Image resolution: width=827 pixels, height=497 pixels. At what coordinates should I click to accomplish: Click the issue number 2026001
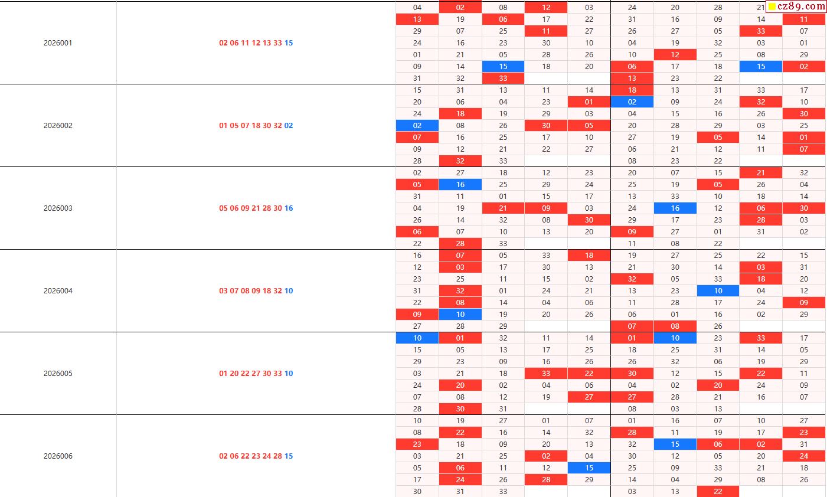(58, 43)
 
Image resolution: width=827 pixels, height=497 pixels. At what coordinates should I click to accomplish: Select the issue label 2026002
(58, 126)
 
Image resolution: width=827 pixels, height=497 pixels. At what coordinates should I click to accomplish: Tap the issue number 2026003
(58, 208)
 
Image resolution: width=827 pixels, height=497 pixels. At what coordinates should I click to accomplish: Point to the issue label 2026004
(58, 291)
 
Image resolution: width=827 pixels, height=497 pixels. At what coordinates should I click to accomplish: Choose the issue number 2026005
(58, 374)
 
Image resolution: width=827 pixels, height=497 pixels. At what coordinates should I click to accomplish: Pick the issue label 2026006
(58, 456)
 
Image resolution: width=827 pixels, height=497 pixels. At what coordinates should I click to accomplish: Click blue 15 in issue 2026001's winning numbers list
(289, 43)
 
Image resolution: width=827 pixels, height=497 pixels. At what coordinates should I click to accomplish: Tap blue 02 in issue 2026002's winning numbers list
(289, 126)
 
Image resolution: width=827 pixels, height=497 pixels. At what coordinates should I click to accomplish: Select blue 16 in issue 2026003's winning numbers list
(289, 208)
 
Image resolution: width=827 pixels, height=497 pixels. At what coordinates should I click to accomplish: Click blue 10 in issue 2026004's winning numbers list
(289, 291)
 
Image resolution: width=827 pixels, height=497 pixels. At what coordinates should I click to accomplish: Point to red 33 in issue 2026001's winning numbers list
(277, 43)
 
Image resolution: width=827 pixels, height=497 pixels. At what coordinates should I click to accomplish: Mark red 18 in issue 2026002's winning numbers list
(256, 126)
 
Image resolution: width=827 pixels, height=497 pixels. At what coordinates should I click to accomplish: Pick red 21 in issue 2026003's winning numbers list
(256, 208)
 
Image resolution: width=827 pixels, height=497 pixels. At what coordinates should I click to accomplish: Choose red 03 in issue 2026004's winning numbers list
(223, 291)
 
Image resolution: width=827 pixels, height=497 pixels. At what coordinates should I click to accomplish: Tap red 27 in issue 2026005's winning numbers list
(256, 374)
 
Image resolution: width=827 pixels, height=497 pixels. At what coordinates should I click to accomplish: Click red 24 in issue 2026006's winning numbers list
(267, 456)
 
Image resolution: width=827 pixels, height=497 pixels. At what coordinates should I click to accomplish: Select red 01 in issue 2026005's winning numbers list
(223, 374)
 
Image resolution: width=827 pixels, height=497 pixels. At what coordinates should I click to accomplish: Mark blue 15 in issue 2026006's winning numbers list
(289, 456)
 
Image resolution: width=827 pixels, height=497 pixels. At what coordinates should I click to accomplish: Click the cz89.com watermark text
(801, 6)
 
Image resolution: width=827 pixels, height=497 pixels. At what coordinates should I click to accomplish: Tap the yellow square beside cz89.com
(772, 7)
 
